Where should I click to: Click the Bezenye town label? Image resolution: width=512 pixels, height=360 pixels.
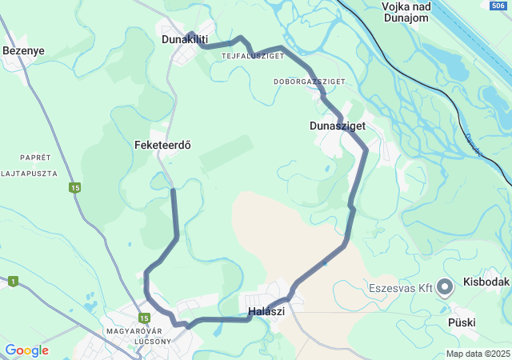tap(23, 50)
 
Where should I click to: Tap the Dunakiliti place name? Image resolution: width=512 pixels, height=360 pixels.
tap(184, 38)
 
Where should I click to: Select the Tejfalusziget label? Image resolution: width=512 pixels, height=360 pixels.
tap(253, 56)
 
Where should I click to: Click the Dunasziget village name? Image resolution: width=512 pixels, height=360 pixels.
tap(337, 126)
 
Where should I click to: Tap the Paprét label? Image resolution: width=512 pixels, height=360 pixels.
tap(36, 157)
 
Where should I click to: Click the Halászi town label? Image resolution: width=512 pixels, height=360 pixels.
tap(266, 311)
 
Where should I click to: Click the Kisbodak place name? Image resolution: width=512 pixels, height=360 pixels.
tap(486, 283)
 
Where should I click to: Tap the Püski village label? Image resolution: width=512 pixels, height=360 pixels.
tap(462, 322)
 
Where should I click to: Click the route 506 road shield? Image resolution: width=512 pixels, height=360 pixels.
tap(498, 6)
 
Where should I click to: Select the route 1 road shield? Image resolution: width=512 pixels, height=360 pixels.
tap(13, 281)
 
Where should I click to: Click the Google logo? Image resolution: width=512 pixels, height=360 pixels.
tap(26, 350)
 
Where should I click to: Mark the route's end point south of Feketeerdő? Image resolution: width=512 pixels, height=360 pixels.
tap(174, 191)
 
